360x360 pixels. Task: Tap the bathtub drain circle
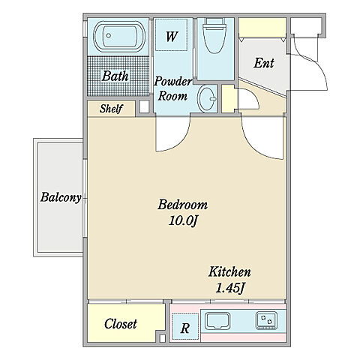pos(109,35)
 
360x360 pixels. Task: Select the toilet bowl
pos(215,36)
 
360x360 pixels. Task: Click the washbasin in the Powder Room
pos(207,98)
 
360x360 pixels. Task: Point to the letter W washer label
pos(172,37)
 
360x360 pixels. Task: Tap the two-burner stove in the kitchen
pos(266,320)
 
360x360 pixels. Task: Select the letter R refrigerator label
pos(185,328)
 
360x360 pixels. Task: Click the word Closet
pos(121,324)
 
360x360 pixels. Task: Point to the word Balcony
pos(61,197)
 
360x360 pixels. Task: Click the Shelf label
pos(111,109)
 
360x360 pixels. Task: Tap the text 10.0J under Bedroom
pos(184,220)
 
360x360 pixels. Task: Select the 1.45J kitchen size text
pos(229,289)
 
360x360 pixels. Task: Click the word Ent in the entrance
pos(264,63)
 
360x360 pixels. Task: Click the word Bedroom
pos(183,205)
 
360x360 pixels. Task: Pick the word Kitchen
pos(229,272)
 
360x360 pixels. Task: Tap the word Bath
pos(115,76)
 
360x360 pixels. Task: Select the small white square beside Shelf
pos(144,106)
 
